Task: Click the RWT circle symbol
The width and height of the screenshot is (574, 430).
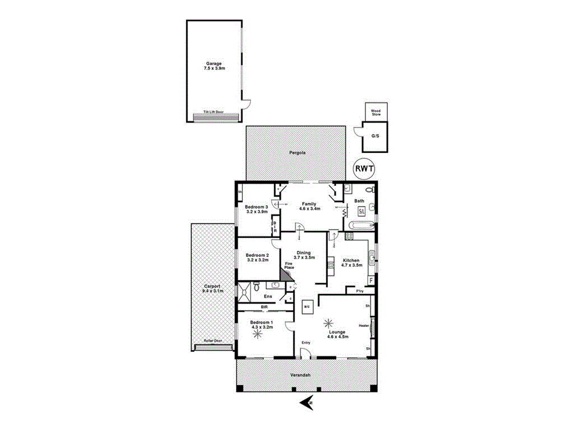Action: tap(365, 168)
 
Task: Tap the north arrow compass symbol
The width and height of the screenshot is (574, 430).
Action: tap(307, 401)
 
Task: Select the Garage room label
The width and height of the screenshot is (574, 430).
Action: tap(214, 63)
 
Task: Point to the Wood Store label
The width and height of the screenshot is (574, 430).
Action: tap(376, 113)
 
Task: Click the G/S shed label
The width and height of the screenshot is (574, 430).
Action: tap(375, 135)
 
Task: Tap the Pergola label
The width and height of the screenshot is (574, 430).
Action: tap(297, 152)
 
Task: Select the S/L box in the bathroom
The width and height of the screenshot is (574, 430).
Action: tap(362, 212)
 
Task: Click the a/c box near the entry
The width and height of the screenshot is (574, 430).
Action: tap(307, 306)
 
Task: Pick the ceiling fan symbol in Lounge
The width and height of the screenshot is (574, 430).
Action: tap(329, 323)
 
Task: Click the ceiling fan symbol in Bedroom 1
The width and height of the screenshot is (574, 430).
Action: tap(257, 334)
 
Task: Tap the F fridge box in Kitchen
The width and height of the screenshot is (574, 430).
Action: tap(371, 280)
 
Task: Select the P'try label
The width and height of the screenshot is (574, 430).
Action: tap(352, 291)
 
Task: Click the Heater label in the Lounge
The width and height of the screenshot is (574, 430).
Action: tap(363, 325)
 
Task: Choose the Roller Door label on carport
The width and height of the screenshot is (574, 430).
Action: tap(212, 340)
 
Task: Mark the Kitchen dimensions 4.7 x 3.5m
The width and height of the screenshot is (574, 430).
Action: tap(351, 265)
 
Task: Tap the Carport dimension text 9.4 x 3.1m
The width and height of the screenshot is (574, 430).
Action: tap(213, 291)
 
